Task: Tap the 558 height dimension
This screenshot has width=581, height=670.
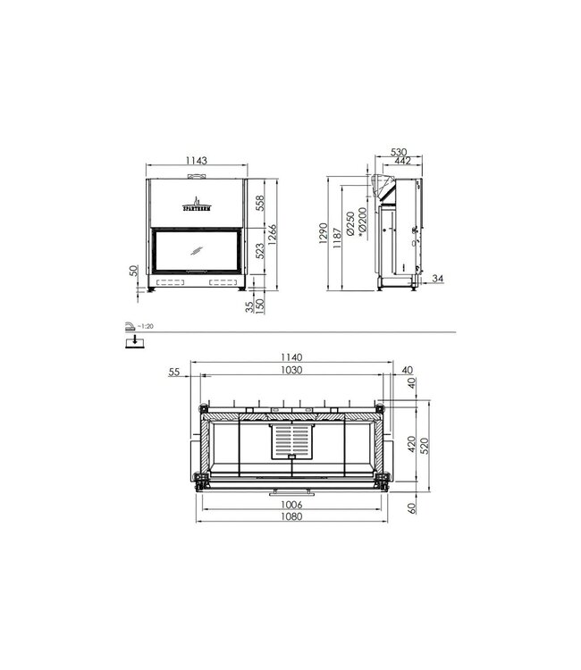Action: pos(261,202)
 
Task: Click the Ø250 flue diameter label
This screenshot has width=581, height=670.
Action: pos(349,222)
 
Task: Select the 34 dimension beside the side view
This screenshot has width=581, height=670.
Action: pos(437,280)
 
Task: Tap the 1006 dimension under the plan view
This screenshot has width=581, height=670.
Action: pos(290,505)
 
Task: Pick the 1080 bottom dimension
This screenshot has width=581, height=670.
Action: pos(290,517)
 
